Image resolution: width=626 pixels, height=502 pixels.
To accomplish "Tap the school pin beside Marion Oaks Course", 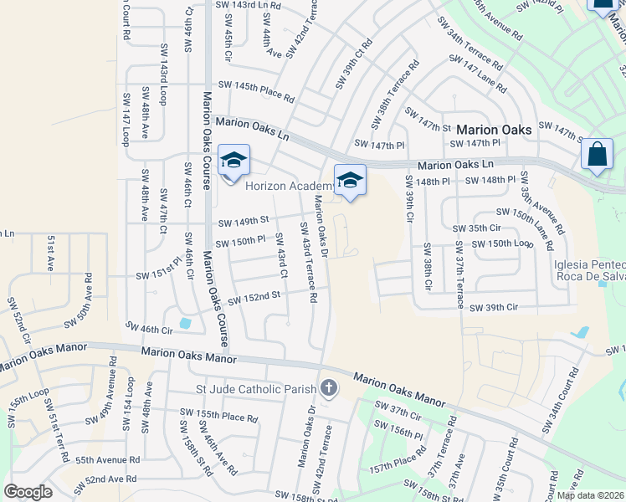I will tap(233, 160).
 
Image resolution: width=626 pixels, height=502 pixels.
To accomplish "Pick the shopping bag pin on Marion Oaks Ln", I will tap(596, 155).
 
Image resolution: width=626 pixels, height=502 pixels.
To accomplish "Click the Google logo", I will tap(28, 492).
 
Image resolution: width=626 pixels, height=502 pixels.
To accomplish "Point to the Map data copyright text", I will tap(590, 495).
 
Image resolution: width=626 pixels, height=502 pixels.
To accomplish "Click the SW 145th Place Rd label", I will tap(256, 91).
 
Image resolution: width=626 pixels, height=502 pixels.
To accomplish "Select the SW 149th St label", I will tap(244, 222).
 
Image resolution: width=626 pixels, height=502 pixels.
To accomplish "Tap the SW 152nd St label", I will tap(252, 297).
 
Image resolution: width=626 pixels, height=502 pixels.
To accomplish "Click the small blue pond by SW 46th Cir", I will tap(185, 323).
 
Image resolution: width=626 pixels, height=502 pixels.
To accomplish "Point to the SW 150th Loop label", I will tap(501, 243).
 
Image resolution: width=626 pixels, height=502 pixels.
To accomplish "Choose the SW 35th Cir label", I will tap(476, 228).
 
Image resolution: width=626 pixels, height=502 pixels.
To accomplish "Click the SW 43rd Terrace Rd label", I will tap(309, 259).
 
